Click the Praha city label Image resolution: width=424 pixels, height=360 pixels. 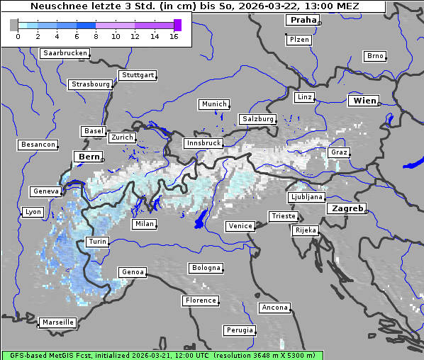[303, 20]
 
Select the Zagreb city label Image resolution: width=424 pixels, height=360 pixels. [347, 208]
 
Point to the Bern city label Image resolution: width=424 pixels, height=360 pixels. [89, 156]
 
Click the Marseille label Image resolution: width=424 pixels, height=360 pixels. [58, 322]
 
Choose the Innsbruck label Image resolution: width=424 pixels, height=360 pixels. [203, 143]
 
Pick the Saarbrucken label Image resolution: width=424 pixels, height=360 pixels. [65, 53]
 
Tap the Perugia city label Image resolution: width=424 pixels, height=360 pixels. [240, 330]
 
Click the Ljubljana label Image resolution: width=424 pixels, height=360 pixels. [307, 197]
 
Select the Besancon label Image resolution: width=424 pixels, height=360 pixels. [38, 145]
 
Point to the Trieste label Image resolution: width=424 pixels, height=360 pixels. [282, 215]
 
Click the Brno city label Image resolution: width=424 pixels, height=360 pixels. [374, 56]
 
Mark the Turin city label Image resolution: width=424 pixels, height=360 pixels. [97, 242]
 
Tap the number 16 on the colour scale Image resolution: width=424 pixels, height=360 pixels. [174, 37]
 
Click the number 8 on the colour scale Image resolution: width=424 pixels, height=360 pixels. [96, 37]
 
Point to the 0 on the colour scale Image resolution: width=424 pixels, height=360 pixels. [18, 37]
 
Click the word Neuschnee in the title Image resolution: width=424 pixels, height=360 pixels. [57, 6]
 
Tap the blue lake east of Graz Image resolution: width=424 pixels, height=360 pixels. [413, 165]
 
